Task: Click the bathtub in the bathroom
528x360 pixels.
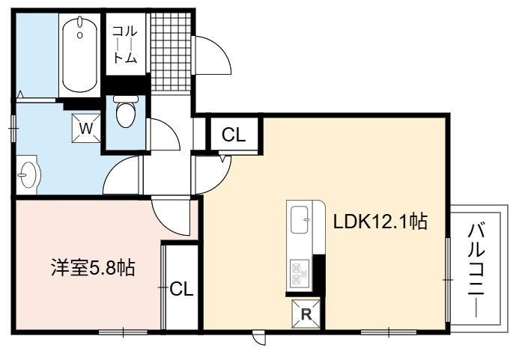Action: pyautogui.click(x=80, y=54)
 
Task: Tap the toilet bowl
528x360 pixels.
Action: pyautogui.click(x=126, y=112)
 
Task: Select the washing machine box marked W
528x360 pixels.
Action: pyautogui.click(x=86, y=128)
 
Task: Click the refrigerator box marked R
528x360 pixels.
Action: pyautogui.click(x=306, y=314)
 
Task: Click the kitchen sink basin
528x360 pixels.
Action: pyautogui.click(x=300, y=219)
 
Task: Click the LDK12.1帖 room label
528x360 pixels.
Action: pyautogui.click(x=380, y=222)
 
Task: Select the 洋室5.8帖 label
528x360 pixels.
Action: pyautogui.click(x=93, y=268)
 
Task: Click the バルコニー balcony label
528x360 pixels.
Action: pyautogui.click(x=476, y=270)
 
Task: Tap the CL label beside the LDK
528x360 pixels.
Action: pyautogui.click(x=234, y=135)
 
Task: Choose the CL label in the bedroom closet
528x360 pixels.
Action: pyautogui.click(x=181, y=289)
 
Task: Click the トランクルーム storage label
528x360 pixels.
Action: pyautogui.click(x=125, y=45)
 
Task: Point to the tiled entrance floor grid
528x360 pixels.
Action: pyautogui.click(x=171, y=52)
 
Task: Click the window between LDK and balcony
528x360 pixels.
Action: pyautogui.click(x=448, y=280)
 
